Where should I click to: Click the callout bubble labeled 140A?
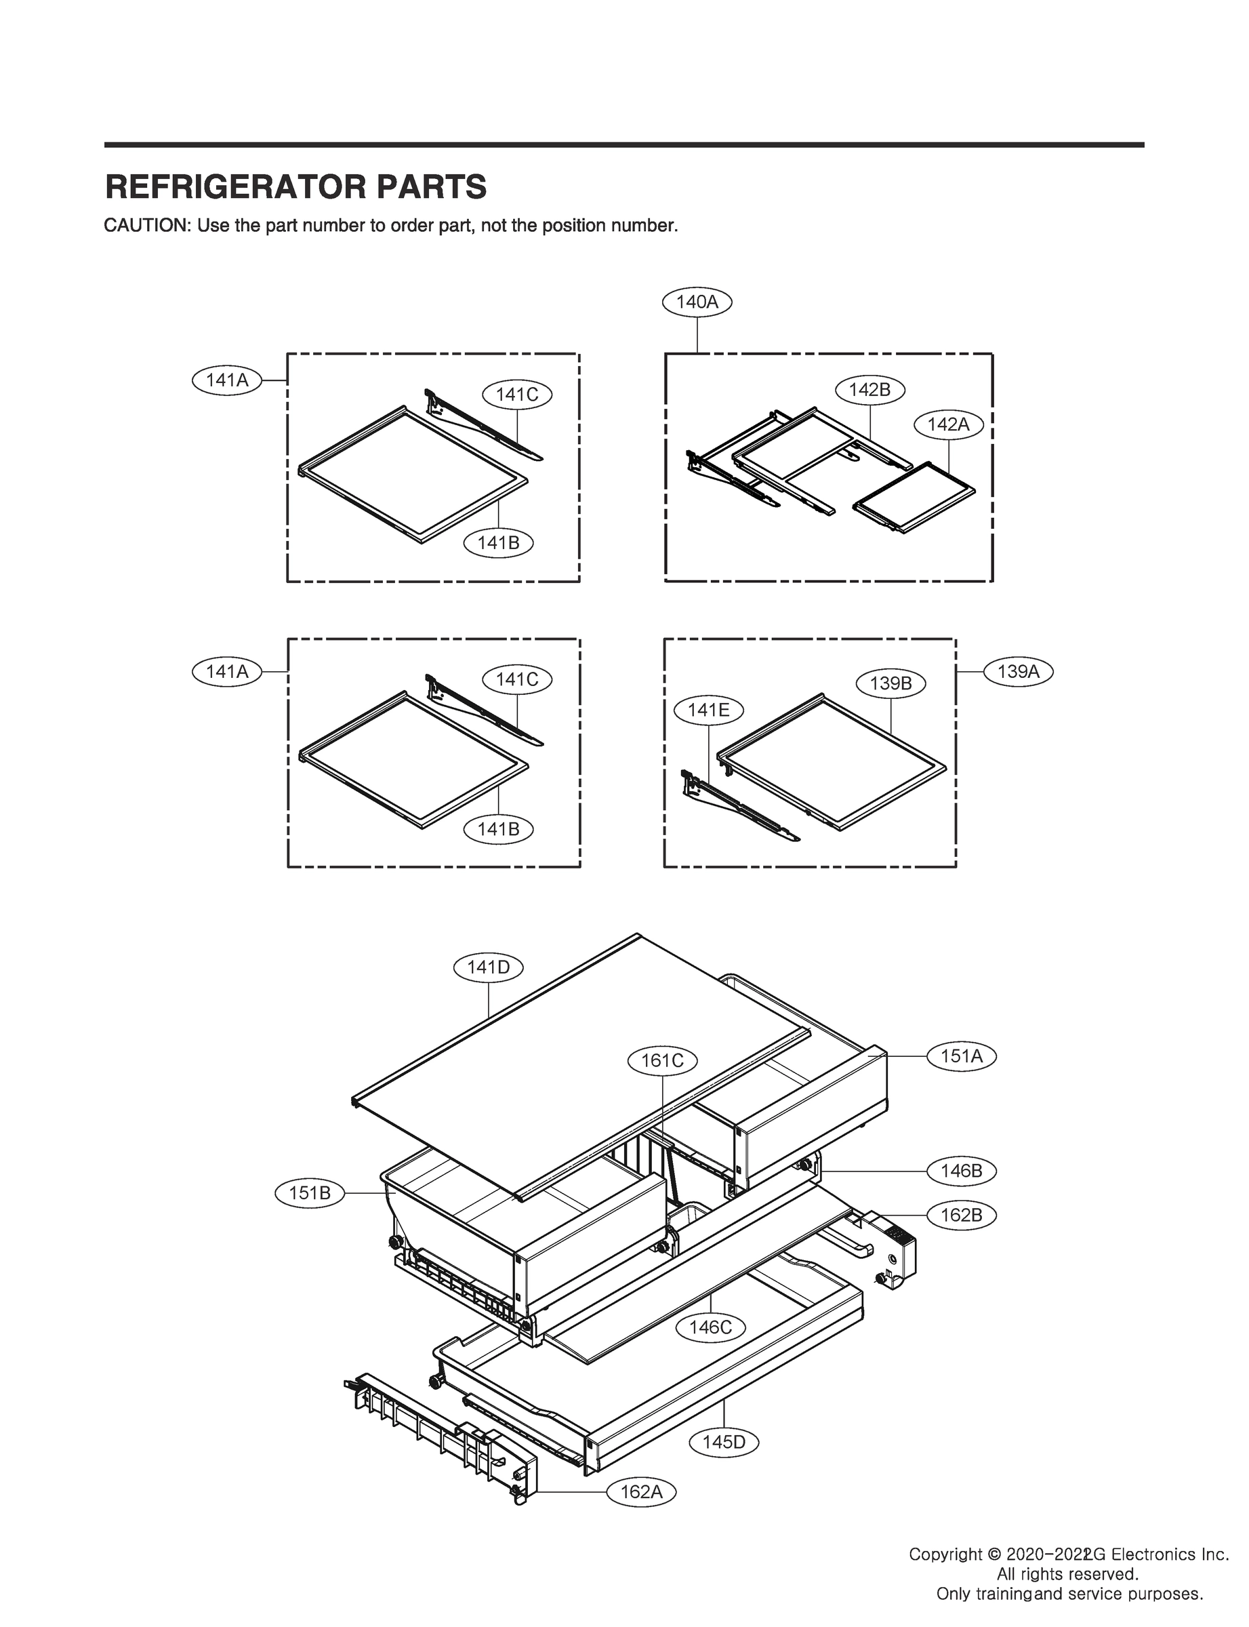[697, 302]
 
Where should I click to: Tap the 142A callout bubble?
[948, 424]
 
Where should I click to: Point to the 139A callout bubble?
[1018, 671]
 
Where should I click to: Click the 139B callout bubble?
[890, 683]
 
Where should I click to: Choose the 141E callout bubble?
[708, 710]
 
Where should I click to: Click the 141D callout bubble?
[489, 967]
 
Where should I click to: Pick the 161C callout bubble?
[661, 1060]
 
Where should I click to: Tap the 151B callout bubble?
[309, 1194]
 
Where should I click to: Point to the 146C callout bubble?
[710, 1327]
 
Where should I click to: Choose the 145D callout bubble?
[723, 1443]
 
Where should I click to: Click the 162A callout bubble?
[641, 1491]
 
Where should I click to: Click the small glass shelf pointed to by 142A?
[914, 496]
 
